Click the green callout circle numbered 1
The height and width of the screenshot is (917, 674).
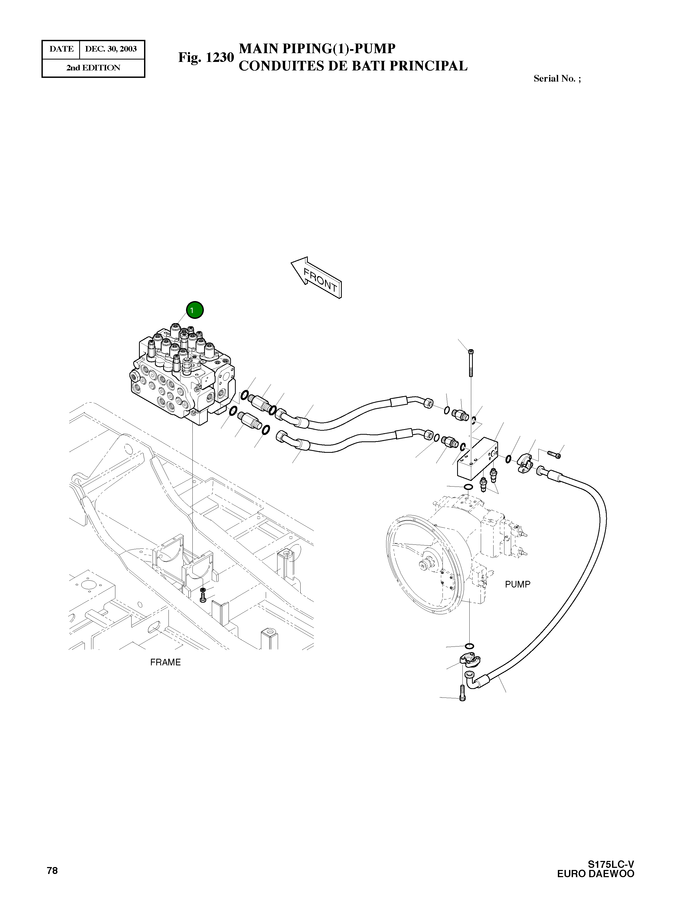point(195,310)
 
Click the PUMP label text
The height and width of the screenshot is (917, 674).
point(517,584)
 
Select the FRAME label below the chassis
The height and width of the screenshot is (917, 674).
point(165,662)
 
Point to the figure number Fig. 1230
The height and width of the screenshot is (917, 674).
point(206,57)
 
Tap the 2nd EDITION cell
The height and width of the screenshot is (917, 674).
point(94,68)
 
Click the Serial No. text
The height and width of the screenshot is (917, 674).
point(557,78)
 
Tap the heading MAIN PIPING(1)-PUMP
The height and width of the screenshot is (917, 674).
point(317,49)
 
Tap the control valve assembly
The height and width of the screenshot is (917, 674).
point(182,375)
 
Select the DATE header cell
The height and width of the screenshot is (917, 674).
point(61,49)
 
